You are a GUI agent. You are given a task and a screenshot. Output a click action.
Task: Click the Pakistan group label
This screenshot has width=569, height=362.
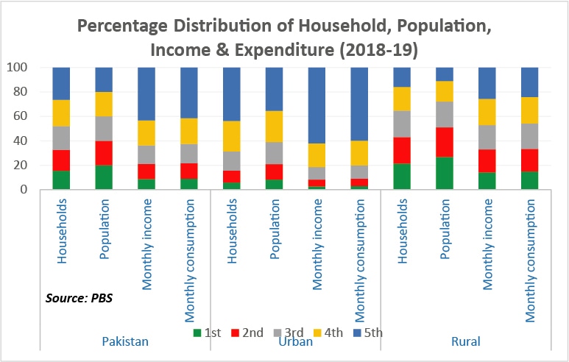pyautogui.click(x=125, y=341)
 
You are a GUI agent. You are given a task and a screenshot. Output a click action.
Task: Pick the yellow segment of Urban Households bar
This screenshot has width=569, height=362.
pyautogui.click(x=233, y=136)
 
